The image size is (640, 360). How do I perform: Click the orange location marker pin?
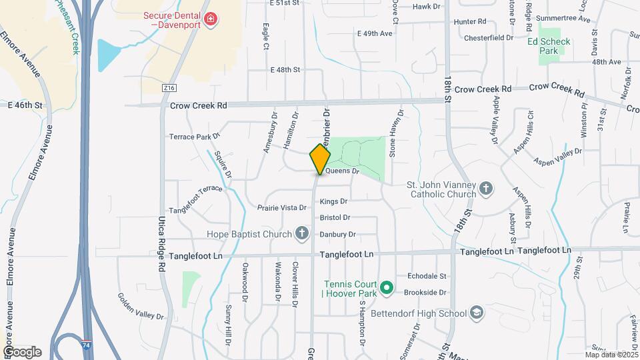point(320,159)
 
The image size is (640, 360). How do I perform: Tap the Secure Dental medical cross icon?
point(211,19)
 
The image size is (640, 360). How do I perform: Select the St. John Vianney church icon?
point(486,189)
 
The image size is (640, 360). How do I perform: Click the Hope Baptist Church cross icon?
point(302,233)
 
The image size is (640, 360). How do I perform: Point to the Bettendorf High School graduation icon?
point(476,312)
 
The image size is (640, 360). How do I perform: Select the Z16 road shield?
point(169,87)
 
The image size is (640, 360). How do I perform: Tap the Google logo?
point(21,351)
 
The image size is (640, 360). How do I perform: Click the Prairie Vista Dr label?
point(281,208)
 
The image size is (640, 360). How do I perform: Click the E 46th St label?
point(25,105)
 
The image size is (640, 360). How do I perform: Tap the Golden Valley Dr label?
point(140,305)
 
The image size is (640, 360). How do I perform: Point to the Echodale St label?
point(426,275)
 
